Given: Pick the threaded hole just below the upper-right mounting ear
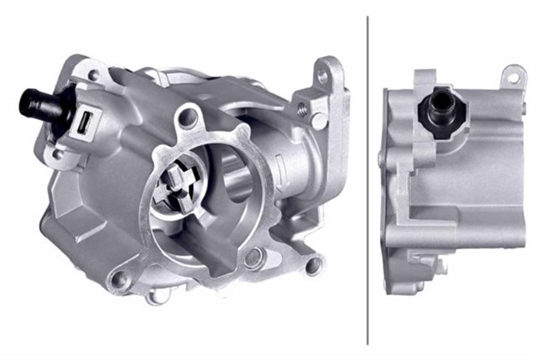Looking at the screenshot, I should pyautogui.click(x=301, y=108).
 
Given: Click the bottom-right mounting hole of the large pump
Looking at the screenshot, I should pyautogui.click(x=313, y=267).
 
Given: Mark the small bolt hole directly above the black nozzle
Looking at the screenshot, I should pyautogui.click(x=91, y=76).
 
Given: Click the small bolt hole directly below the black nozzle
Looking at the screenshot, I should pyautogui.click(x=58, y=154).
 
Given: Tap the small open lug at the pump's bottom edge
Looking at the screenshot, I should pyautogui.click(x=155, y=296).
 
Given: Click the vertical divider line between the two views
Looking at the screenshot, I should pyautogui.click(x=368, y=180).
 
